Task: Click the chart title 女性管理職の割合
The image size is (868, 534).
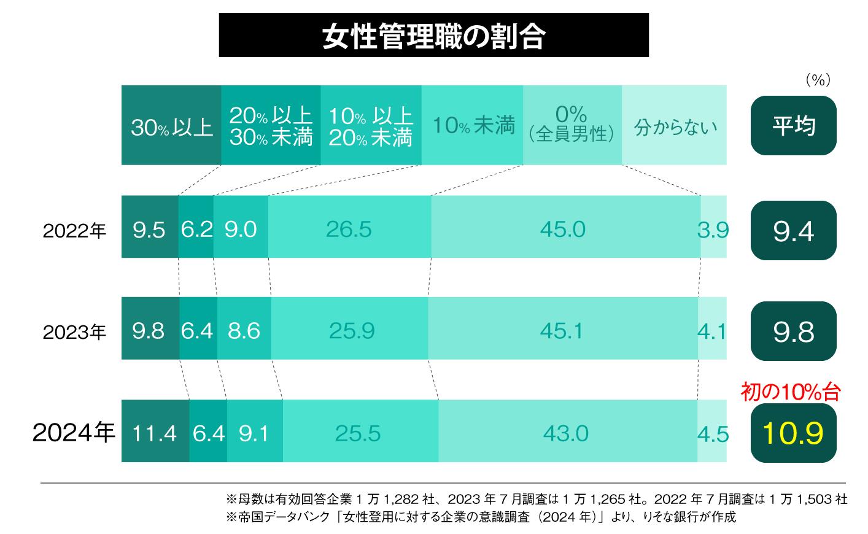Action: (433, 36)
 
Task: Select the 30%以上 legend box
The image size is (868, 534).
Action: (171, 126)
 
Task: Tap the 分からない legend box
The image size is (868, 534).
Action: (674, 126)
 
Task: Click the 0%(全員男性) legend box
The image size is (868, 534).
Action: (572, 126)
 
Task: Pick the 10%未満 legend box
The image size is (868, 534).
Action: (472, 126)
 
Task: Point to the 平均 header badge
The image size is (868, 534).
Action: (793, 126)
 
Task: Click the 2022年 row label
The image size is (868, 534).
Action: (74, 231)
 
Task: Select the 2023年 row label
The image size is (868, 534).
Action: (74, 332)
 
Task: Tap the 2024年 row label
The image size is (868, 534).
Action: (74, 433)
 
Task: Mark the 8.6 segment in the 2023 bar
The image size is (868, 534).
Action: (244, 330)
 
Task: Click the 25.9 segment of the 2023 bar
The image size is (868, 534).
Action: (351, 330)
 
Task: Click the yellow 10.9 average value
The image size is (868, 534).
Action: (792, 433)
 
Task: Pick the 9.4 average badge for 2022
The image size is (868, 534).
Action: (793, 231)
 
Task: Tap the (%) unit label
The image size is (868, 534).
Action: (817, 80)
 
